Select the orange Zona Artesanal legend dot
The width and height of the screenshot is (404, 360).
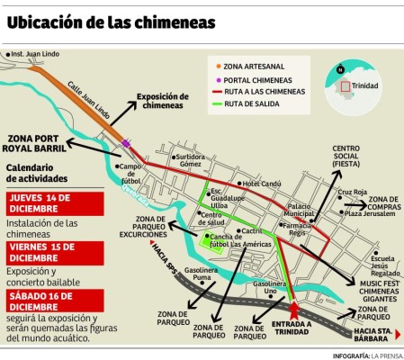click(x=220, y=66)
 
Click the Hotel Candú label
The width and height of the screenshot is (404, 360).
click(x=262, y=184)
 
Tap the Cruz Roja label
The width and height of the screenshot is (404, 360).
click(x=353, y=192)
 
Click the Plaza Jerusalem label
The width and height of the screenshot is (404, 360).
click(x=369, y=213)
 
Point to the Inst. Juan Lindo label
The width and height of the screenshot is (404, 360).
click(x=33, y=54)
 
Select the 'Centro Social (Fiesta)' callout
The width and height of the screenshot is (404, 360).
click(x=346, y=156)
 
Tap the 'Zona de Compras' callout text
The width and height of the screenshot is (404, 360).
click(x=382, y=203)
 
